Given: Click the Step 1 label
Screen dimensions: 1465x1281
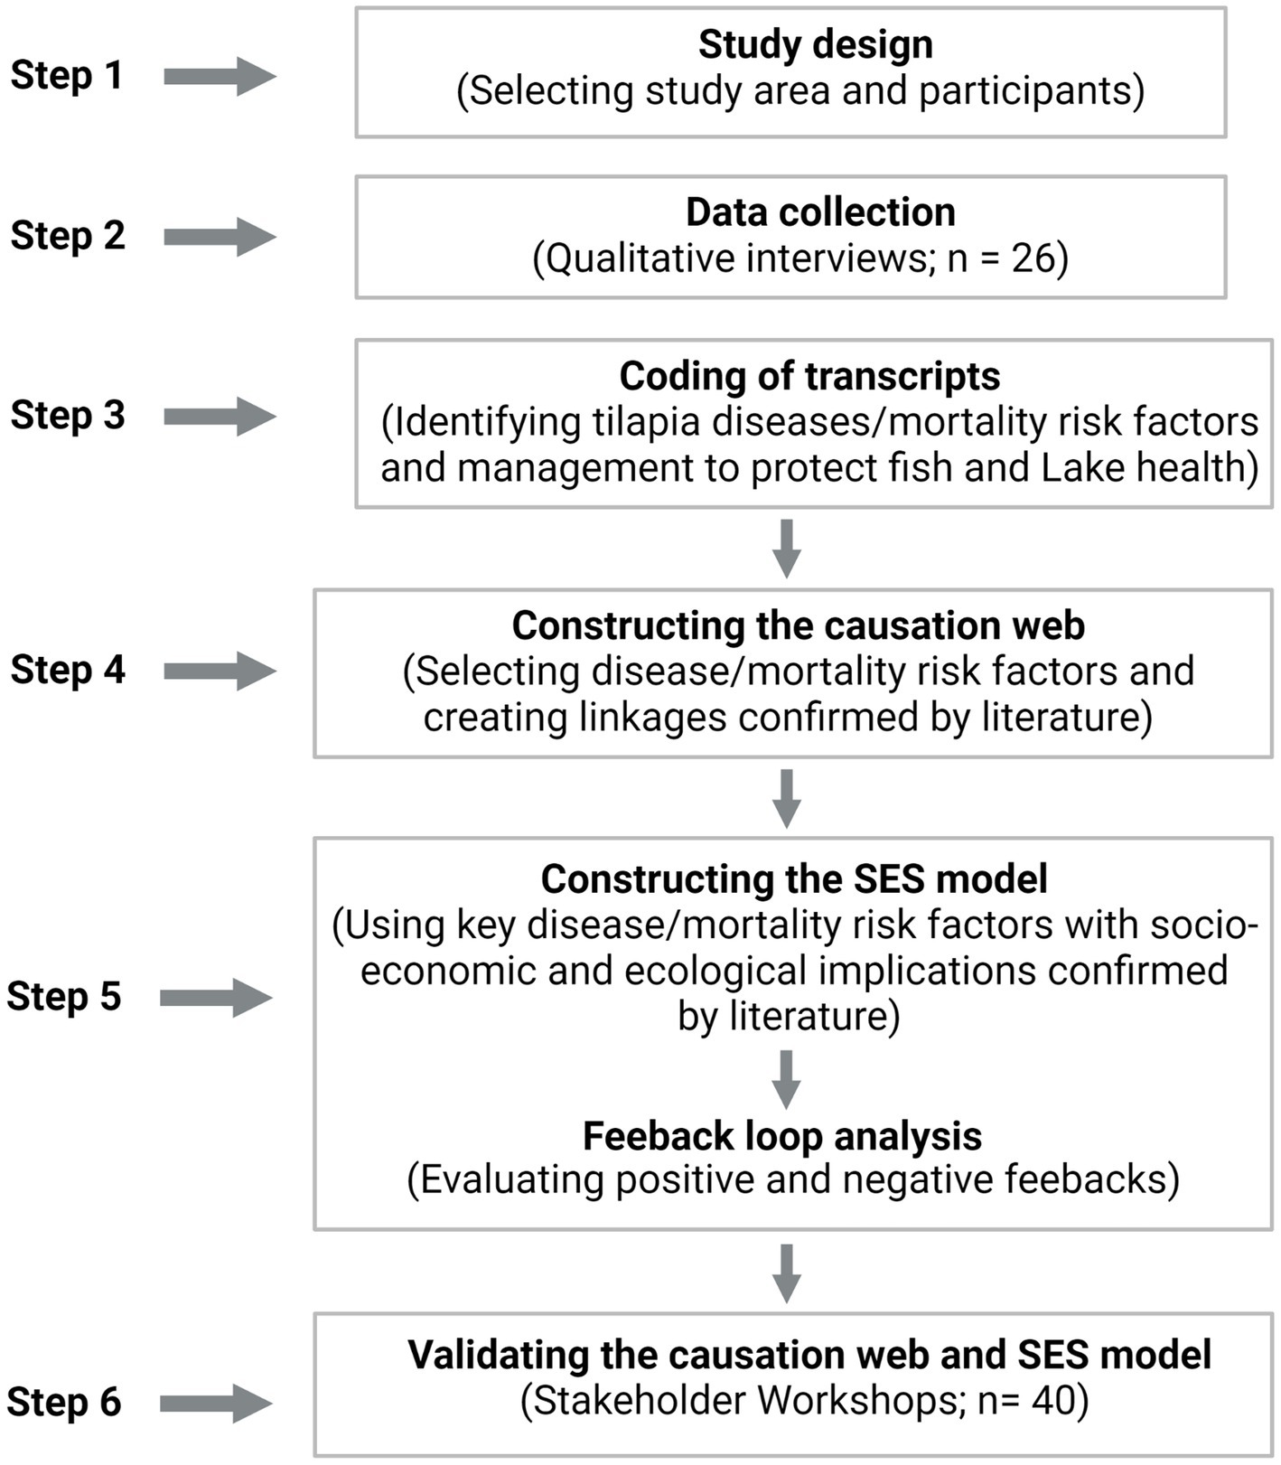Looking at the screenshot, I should click(66, 75).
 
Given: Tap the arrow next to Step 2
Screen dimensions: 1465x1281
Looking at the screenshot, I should click(220, 237).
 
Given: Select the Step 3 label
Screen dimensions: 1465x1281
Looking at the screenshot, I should click(68, 416).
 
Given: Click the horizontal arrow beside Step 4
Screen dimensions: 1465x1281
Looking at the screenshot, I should click(220, 671).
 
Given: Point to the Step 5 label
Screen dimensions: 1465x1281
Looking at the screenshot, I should click(64, 997).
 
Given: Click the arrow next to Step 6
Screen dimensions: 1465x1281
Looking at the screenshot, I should click(217, 1404).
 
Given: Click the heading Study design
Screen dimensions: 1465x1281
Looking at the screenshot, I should click(815, 45).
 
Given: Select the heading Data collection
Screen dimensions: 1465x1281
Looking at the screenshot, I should click(820, 212).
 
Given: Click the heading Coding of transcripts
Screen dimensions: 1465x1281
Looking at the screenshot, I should click(809, 376).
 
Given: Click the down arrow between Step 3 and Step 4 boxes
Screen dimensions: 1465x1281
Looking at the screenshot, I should click(787, 548).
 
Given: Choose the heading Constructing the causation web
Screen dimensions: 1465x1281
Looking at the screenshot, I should click(799, 625).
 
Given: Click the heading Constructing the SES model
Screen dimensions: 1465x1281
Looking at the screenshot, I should click(794, 878).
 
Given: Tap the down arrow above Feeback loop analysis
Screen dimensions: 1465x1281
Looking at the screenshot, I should click(787, 1078).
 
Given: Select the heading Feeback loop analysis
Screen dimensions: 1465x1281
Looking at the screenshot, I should click(782, 1136).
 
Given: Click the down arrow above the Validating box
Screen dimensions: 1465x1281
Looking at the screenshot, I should click(787, 1272).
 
